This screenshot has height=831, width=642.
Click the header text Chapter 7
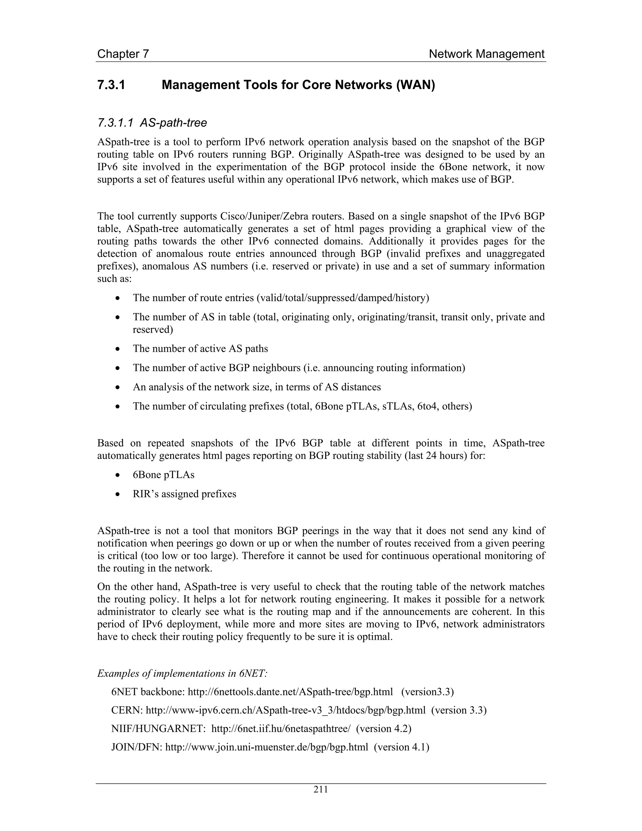click(123, 54)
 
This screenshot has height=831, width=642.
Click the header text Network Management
click(487, 54)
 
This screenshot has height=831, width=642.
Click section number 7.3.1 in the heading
click(111, 85)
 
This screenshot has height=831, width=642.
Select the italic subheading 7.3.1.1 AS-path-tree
click(152, 123)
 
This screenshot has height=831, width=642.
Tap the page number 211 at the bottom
click(321, 789)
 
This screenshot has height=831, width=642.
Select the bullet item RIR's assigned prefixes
click(184, 494)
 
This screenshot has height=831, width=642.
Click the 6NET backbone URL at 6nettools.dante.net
click(290, 692)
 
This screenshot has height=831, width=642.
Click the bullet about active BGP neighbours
click(298, 368)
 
